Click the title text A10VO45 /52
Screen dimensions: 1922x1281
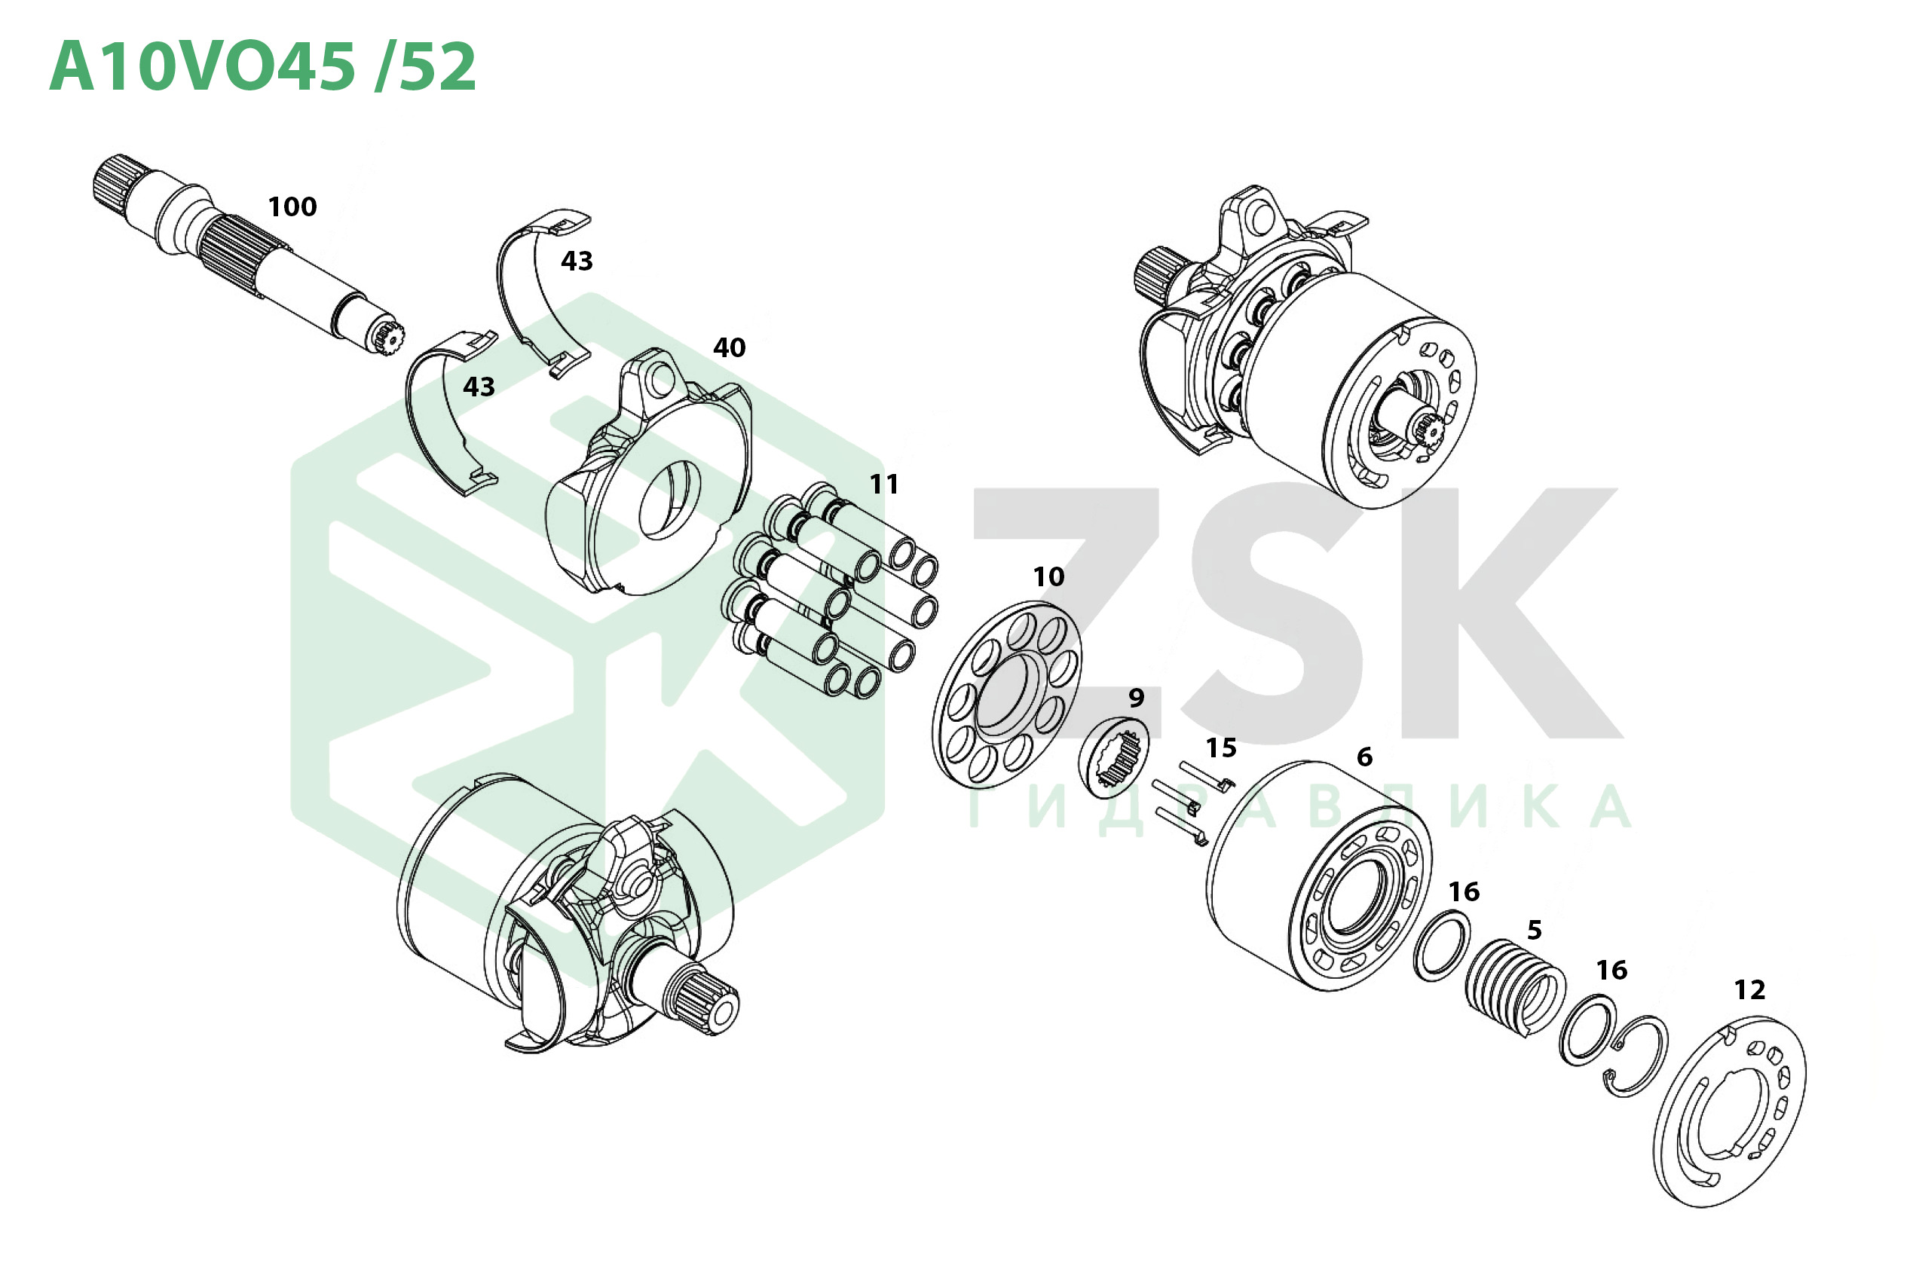(262, 66)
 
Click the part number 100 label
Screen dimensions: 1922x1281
(292, 206)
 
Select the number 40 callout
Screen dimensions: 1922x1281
(729, 348)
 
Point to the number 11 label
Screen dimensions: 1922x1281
(883, 485)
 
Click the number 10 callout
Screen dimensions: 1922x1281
(1048, 576)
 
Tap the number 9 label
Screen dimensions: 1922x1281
(1136, 698)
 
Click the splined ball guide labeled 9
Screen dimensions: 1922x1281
(1114, 757)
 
